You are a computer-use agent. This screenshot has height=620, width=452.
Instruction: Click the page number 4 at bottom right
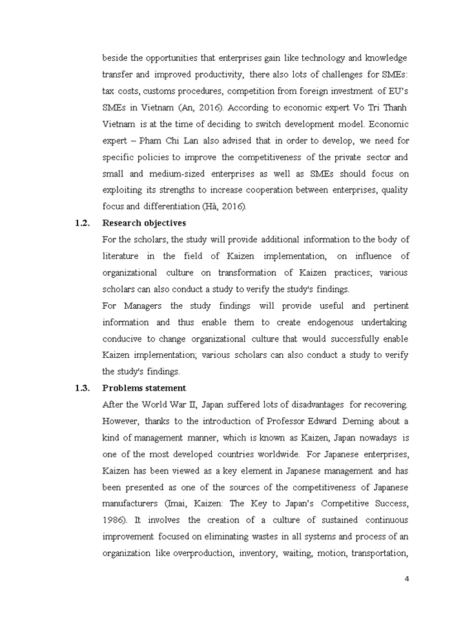407,578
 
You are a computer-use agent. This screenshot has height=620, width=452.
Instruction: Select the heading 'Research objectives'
144,223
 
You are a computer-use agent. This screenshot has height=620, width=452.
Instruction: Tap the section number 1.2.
81,223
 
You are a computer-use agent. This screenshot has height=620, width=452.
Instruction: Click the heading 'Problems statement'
144,388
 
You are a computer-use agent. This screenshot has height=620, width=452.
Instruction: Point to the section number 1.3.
81,388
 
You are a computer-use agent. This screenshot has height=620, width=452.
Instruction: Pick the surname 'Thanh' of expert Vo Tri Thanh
395,107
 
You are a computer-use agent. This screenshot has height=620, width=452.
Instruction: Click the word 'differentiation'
170,206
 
